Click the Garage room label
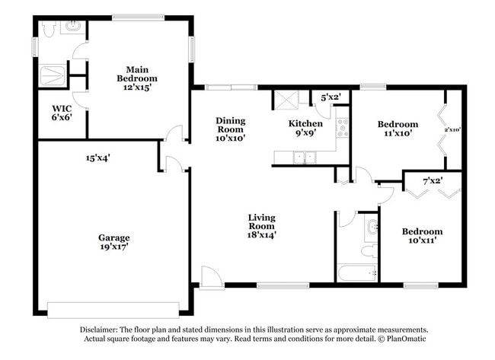click(x=113, y=241)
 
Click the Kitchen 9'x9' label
click(x=305, y=128)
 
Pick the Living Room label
click(x=261, y=226)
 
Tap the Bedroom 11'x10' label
click(x=398, y=129)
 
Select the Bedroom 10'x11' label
click(x=422, y=236)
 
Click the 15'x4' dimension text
click(x=98, y=158)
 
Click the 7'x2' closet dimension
click(x=433, y=180)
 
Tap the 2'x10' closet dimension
click(x=452, y=129)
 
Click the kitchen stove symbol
click(x=342, y=127)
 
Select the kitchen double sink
click(x=306, y=158)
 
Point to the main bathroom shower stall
click(x=53, y=75)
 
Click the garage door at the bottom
click(x=113, y=309)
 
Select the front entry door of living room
click(x=211, y=278)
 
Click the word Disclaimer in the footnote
click(x=101, y=330)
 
